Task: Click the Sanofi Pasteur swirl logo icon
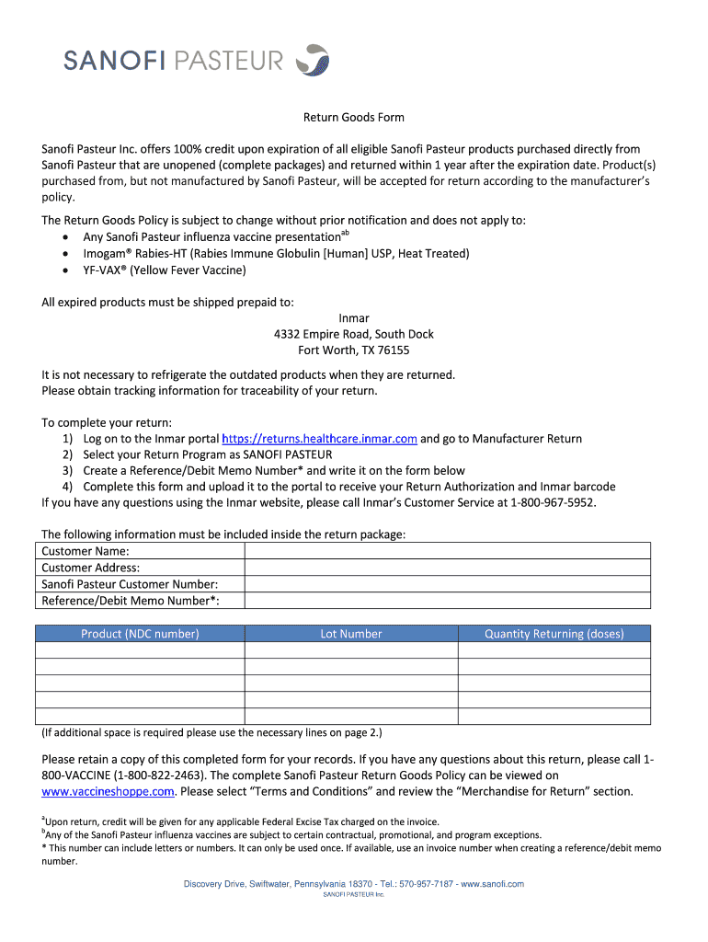[316, 60]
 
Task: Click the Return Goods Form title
[354, 118]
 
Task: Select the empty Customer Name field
[447, 551]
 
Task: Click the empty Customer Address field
[447, 568]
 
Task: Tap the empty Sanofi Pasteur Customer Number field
[447, 584]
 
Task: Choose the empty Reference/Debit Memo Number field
[447, 601]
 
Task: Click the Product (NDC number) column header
[140, 634]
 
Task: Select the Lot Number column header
[351, 634]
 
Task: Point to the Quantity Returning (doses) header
[554, 634]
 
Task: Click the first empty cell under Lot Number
[351, 650]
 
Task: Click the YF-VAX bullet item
[165, 270]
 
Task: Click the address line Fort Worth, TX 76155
[354, 350]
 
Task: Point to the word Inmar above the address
[354, 318]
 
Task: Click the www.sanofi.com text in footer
[492, 884]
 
